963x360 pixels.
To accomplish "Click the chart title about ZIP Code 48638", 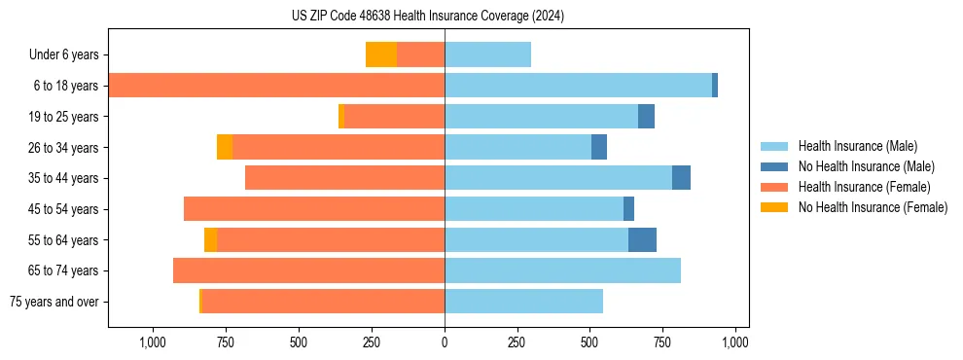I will coord(427,16).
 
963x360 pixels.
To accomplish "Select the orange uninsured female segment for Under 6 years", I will coord(381,54).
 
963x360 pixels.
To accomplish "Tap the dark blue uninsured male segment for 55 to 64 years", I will coord(642,239).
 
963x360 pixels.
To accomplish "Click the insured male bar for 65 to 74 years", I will coord(562,270).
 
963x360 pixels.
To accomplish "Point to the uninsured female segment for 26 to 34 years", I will coord(225,147).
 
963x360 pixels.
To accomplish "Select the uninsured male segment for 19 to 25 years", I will coord(646,117).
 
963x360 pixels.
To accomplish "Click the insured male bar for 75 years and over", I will coord(523,302).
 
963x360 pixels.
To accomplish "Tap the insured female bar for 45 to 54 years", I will coord(314,209).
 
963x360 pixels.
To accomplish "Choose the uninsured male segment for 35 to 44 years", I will coord(681,178).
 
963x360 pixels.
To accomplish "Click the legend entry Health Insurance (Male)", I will coord(857,146).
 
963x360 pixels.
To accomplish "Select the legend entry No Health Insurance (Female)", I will coord(873,207).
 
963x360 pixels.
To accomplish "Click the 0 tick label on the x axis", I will coord(445,342).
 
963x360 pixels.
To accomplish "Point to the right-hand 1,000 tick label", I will coord(735,342).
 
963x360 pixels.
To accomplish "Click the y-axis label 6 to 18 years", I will coord(66,86).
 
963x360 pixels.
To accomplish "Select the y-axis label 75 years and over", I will coord(54,302).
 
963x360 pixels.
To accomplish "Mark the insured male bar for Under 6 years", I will coord(487,54).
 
